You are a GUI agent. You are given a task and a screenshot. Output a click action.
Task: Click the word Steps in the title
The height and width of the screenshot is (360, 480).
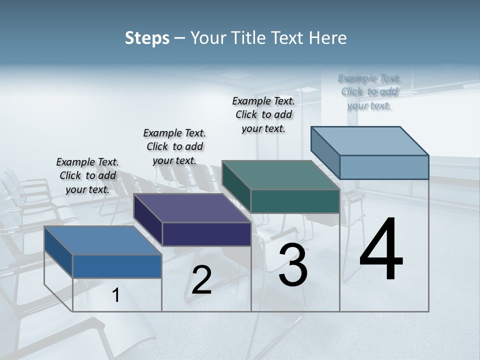point(147,38)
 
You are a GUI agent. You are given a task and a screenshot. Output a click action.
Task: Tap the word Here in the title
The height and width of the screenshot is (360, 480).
point(327,38)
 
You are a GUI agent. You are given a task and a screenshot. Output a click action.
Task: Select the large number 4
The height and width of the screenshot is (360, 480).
point(381,250)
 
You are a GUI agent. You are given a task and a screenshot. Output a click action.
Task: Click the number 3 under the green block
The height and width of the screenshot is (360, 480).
point(293,265)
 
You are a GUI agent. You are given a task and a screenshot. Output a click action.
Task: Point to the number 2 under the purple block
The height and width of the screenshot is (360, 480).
point(201,280)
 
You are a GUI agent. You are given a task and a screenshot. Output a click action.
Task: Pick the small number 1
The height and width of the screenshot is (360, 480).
point(116,295)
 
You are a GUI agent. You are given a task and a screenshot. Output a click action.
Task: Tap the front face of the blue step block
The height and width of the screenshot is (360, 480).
point(117,266)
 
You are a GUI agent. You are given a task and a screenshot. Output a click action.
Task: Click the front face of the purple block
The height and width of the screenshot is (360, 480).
point(206,234)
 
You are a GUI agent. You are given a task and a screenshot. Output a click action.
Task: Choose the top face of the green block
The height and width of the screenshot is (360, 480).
point(280,175)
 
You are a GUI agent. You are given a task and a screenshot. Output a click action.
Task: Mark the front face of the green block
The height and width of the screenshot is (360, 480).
point(295,201)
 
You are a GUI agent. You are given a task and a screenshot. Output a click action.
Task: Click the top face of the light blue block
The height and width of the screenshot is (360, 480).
point(369,141)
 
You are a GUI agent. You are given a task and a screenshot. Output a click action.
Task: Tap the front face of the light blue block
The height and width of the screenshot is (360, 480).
point(384,167)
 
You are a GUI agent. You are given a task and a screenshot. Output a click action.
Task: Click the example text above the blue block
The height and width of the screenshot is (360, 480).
point(87,176)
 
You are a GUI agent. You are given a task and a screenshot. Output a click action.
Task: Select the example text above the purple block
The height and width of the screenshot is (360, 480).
point(174,146)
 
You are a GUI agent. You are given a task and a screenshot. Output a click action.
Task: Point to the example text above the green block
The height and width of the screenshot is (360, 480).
point(263,114)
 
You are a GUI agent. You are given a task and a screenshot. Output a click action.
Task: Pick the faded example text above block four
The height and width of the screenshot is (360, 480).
point(369,91)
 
